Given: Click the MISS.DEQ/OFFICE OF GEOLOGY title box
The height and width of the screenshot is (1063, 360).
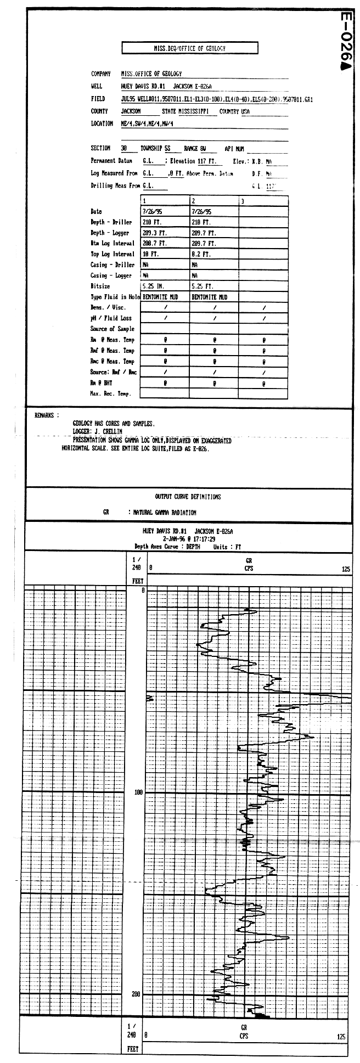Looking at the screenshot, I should [189, 48].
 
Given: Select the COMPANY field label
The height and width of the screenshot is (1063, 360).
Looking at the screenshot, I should [100, 74].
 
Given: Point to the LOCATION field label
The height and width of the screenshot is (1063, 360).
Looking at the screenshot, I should [102, 124].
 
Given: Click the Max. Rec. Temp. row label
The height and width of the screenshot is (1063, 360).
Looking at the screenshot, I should [110, 393].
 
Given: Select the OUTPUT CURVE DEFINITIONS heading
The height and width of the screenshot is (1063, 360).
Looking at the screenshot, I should [188, 497].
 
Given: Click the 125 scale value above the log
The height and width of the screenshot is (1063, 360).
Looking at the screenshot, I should [345, 570].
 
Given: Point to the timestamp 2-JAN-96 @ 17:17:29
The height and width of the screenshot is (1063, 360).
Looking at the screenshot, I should [187, 539].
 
